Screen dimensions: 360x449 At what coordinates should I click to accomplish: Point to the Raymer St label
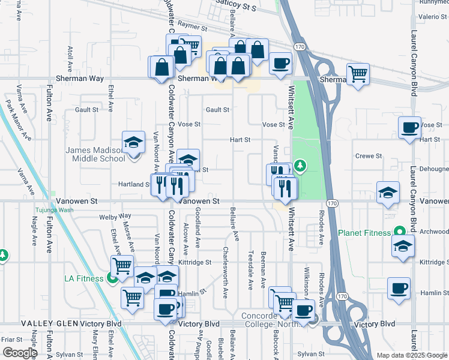click(192, 28)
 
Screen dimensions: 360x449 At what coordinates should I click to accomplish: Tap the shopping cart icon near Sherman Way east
click(358, 74)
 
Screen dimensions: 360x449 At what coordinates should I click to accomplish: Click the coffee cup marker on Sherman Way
click(280, 64)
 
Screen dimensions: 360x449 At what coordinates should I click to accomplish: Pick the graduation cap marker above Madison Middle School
click(133, 143)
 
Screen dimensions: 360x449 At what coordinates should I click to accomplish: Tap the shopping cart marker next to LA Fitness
click(122, 265)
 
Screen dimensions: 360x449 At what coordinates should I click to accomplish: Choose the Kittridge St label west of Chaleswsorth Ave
click(195, 262)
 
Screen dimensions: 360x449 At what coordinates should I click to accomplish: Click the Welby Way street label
click(116, 215)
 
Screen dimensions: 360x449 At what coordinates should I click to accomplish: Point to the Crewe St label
click(369, 156)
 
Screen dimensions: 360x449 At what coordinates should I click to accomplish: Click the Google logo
click(19, 353)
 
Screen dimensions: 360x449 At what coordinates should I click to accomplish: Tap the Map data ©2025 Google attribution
click(411, 356)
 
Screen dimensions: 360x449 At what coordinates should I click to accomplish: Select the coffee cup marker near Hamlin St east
click(399, 289)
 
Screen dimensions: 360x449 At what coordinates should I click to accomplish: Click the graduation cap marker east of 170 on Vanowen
click(388, 193)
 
